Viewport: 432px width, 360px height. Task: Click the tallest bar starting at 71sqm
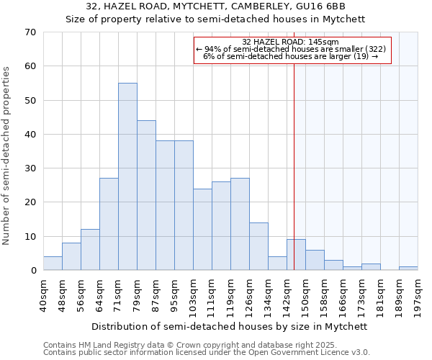pyautogui.click(x=127, y=176)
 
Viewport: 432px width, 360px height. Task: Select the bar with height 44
pyautogui.click(x=146, y=195)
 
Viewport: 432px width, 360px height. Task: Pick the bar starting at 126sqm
pyautogui.click(x=258, y=246)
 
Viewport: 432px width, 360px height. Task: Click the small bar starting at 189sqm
pyautogui.click(x=408, y=269)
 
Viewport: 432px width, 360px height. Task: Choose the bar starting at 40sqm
pyautogui.click(x=53, y=264)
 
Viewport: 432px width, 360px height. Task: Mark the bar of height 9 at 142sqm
pyautogui.click(x=296, y=255)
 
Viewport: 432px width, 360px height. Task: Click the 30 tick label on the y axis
pyautogui.click(x=30, y=168)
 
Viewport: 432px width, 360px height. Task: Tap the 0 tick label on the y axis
pyautogui.click(x=33, y=271)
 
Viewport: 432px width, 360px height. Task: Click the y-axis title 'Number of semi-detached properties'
pyautogui.click(x=7, y=156)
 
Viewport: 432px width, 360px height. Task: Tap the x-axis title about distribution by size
pyautogui.click(x=230, y=326)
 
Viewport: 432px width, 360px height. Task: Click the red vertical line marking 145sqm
pyautogui.click(x=294, y=180)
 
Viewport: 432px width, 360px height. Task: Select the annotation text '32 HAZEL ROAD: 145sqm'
pyautogui.click(x=291, y=42)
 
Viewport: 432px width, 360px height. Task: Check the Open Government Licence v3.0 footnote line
pyautogui.click(x=206, y=353)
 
